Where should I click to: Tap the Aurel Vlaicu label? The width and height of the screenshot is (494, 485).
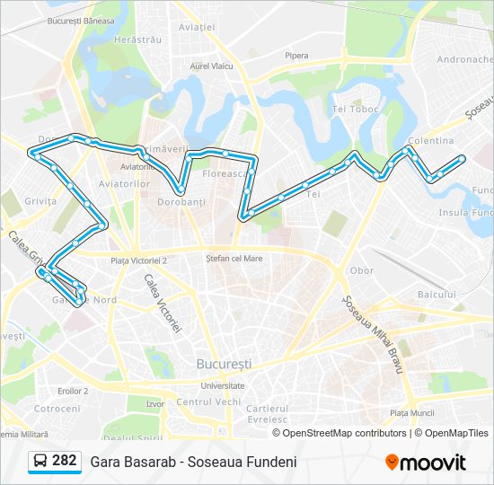click(212, 66)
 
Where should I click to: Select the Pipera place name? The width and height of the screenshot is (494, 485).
click(296, 56)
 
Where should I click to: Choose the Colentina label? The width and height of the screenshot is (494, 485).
click(430, 141)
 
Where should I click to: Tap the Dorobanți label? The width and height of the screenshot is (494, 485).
click(182, 203)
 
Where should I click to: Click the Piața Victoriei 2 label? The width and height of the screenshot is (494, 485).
click(138, 260)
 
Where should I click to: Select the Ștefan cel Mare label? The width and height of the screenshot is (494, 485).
click(234, 258)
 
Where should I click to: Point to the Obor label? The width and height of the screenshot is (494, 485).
click(362, 270)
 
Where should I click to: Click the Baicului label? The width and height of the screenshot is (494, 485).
click(437, 295)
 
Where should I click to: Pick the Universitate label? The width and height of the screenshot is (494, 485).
click(223, 385)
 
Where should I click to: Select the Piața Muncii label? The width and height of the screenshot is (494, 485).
click(412, 413)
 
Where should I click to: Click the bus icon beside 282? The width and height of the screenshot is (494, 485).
click(40, 462)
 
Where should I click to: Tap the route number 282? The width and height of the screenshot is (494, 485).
click(65, 461)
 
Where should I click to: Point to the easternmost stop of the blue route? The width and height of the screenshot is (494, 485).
click(462, 159)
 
